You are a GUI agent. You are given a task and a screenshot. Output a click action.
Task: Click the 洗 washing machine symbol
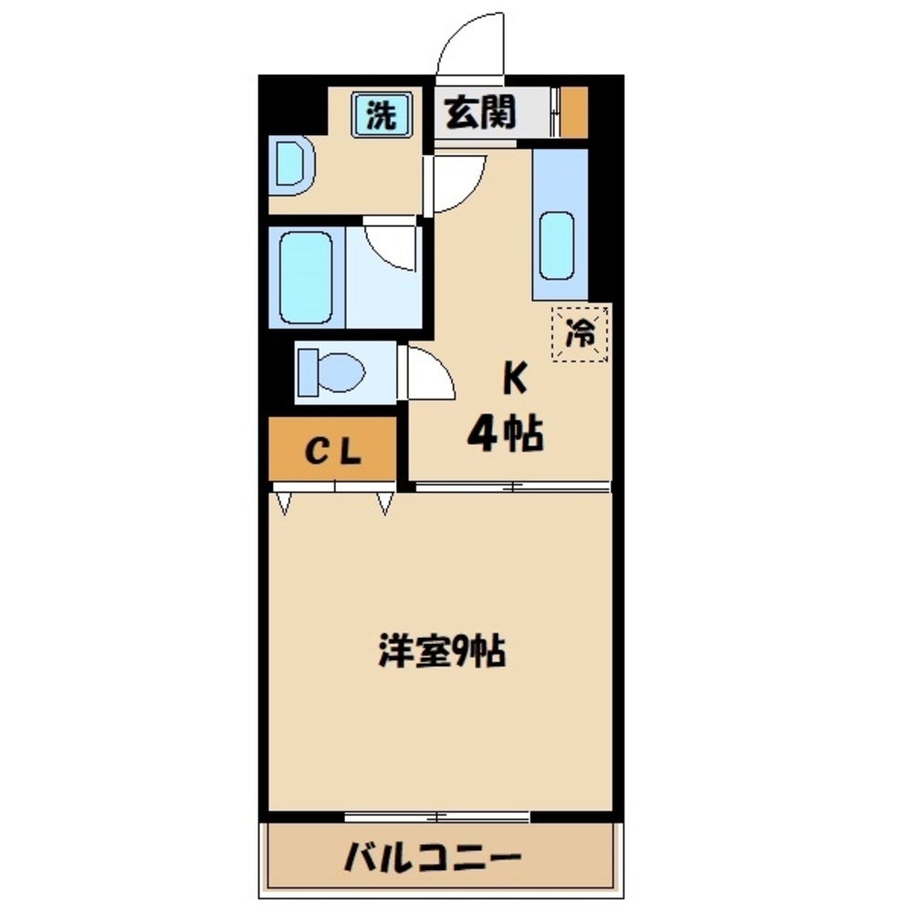coord(383,116)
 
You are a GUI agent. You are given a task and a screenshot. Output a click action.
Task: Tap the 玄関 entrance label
coord(480,113)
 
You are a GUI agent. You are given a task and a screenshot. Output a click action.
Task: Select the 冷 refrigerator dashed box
coord(581,333)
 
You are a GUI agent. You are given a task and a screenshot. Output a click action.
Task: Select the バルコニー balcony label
coord(433,857)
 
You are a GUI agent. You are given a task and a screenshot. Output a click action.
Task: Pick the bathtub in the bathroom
coord(306,277)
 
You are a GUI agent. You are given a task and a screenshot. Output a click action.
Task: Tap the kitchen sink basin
coord(558,245)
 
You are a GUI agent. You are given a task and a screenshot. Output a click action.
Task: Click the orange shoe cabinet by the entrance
coord(573,112)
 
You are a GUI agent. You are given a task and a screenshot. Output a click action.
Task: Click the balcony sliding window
coord(437,814)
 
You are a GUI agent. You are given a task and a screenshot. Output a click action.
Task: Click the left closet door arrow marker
coord(283,503)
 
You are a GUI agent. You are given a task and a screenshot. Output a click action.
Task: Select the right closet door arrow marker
coord(384,503)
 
